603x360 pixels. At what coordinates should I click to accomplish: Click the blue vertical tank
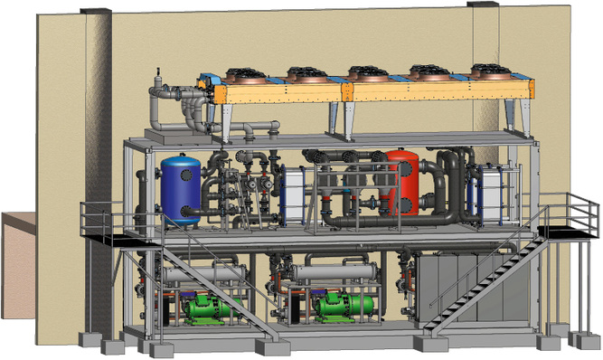point(181,188)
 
